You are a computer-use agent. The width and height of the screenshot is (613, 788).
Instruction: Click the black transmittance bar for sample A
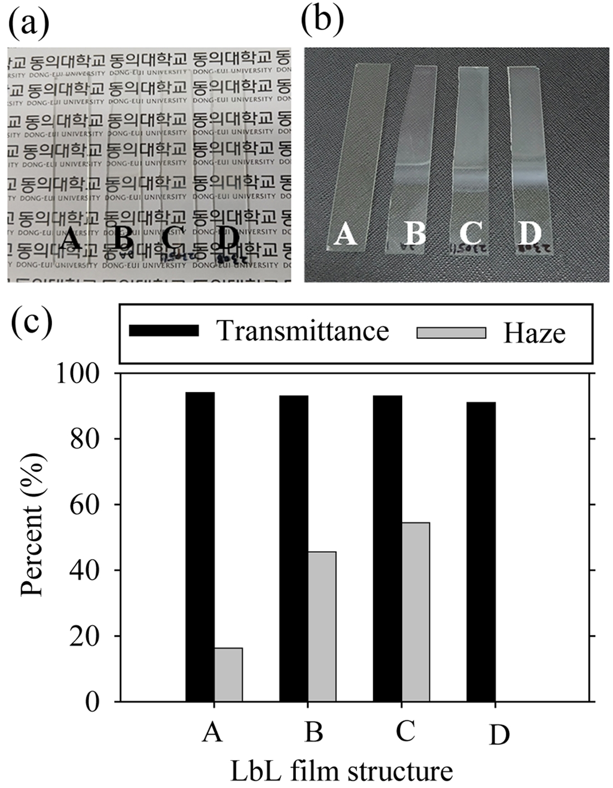click(200, 547)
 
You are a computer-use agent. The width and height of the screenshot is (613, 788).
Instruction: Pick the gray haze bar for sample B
click(322, 626)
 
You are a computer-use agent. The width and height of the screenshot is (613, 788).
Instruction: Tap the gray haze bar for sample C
click(416, 612)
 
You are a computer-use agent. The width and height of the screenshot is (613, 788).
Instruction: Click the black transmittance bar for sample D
click(481, 552)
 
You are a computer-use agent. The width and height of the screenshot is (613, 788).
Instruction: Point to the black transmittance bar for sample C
click(388, 548)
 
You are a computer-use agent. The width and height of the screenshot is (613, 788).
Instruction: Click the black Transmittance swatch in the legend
click(164, 331)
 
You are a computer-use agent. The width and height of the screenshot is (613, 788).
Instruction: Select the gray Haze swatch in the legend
click(451, 332)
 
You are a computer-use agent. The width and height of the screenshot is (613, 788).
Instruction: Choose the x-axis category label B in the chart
click(314, 732)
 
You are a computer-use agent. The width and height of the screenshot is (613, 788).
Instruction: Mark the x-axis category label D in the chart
click(499, 735)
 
